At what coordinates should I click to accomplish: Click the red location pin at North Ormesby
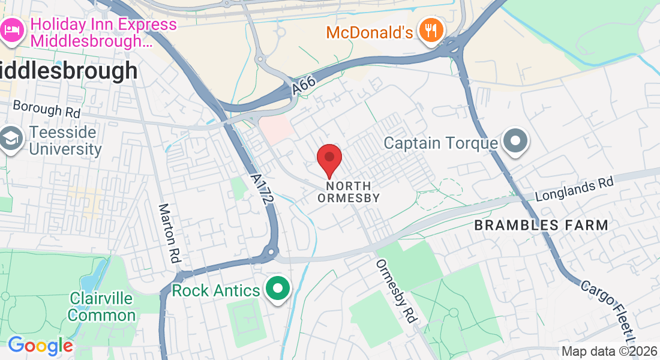click(x=329, y=158)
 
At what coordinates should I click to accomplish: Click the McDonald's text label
click(x=370, y=32)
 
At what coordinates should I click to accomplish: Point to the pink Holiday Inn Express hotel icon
click(x=11, y=31)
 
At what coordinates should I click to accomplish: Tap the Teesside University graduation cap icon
click(x=11, y=140)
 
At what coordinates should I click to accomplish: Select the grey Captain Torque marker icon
click(x=515, y=143)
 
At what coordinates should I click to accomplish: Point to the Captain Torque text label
click(x=441, y=143)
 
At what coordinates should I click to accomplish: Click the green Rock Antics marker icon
click(x=278, y=290)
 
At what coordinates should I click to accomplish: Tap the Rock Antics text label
click(x=216, y=291)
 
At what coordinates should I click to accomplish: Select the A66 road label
click(x=304, y=86)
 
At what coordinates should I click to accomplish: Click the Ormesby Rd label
click(x=396, y=291)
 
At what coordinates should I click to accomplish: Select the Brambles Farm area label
click(x=541, y=225)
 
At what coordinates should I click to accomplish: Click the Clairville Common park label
click(x=102, y=306)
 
